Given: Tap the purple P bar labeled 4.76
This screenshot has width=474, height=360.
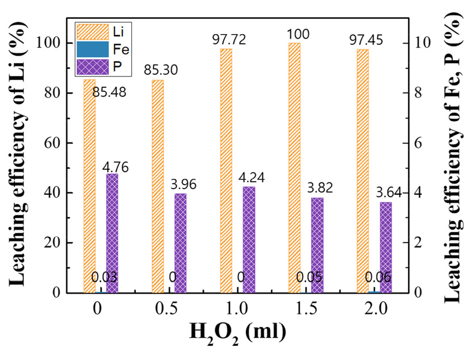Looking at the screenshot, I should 112,233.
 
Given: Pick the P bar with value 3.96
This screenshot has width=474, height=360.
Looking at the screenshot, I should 181,243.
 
